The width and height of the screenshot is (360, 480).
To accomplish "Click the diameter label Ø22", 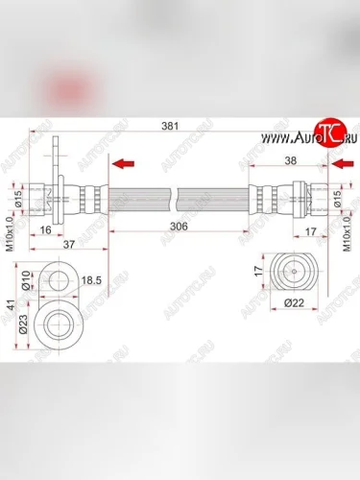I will tap(293, 303).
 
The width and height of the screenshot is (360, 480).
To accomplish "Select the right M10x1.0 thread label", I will tap(347, 230).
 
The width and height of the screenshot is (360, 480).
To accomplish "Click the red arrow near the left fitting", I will tap(122, 164).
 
